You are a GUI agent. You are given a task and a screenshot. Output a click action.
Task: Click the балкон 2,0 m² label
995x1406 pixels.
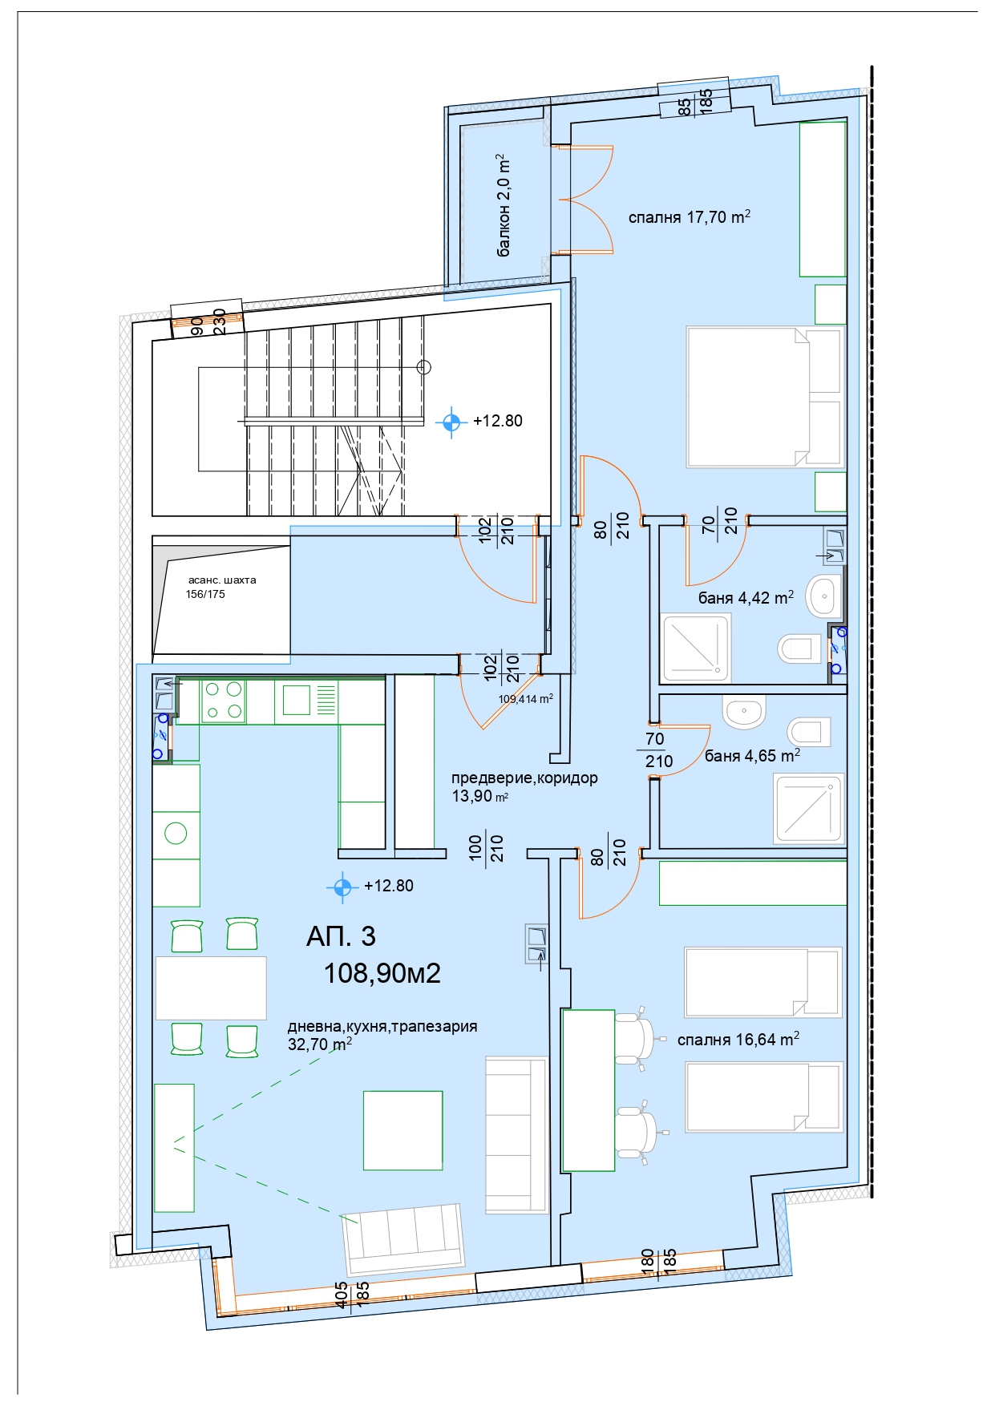504,205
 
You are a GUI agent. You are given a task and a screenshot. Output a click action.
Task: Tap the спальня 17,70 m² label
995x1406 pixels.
689,216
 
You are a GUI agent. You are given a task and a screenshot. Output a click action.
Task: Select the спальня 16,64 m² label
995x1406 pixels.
738,1039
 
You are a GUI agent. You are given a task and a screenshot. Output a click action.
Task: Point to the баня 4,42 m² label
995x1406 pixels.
746,597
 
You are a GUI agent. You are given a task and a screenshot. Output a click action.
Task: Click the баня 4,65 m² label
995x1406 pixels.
752,755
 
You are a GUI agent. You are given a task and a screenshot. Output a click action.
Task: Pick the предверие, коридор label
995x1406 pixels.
524,778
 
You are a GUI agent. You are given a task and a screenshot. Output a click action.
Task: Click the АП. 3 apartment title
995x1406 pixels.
341,935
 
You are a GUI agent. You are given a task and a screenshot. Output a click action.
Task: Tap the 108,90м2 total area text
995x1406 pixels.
382,972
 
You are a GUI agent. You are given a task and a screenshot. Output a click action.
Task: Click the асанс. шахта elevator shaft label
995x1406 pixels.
222,580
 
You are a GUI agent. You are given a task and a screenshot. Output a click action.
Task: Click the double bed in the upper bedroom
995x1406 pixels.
764,397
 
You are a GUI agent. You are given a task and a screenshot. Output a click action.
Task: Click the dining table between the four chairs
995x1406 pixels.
211,988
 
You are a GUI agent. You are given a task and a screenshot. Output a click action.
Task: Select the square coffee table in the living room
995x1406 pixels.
402,1130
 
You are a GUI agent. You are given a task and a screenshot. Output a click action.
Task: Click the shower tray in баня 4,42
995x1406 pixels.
695,648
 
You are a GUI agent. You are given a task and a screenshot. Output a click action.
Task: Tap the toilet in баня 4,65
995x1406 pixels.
809,732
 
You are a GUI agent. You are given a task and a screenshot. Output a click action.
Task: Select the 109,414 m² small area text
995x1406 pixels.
526,698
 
